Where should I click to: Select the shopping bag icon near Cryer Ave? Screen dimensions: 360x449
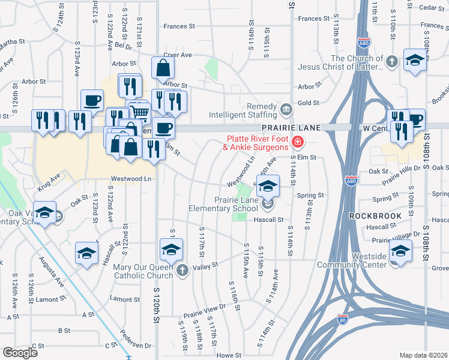163,69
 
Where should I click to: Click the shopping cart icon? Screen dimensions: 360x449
140,111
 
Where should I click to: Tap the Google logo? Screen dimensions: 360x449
20,353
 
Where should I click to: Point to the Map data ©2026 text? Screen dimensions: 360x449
423,355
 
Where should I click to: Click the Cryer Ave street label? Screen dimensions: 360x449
177,55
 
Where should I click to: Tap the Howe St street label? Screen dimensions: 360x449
228,355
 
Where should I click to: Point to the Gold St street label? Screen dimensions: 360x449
308,103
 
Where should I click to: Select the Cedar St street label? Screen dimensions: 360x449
431,7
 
